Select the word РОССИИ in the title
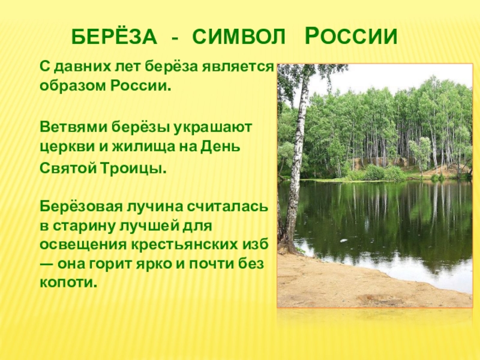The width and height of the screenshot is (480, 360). pyautogui.click(x=350, y=37)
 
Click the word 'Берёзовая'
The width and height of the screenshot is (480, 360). pyautogui.click(x=80, y=208)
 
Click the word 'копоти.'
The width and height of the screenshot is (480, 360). pyautogui.click(x=68, y=283)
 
